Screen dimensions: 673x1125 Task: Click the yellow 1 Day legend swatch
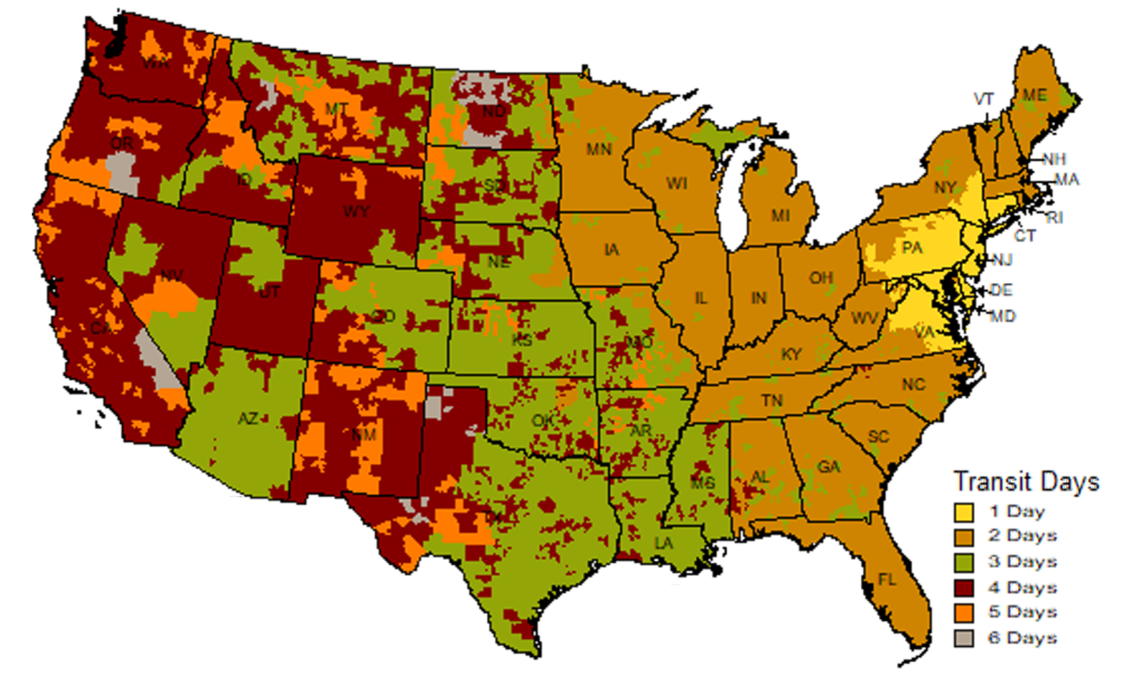point(964,512)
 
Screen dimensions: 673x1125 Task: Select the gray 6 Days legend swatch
point(964,638)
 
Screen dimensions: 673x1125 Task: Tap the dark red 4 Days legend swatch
point(964,588)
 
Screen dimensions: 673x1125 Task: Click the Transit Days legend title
point(1026,482)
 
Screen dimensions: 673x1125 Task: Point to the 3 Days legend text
point(1022,561)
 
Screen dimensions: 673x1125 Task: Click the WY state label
point(356,212)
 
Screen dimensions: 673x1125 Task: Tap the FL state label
point(887,580)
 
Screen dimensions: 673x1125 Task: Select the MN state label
point(599,150)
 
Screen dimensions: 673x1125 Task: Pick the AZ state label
point(248,419)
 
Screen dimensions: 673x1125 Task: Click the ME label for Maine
point(1035,95)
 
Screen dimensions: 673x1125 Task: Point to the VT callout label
point(984,99)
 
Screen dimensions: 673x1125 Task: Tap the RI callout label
point(1054,218)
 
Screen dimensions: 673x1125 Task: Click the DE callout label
point(1001,290)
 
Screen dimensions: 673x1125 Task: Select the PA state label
point(912,248)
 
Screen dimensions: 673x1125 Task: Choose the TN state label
point(772,401)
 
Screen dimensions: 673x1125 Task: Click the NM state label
point(363,434)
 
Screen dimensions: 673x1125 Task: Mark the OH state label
point(821,278)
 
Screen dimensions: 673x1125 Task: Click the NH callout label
point(1054,160)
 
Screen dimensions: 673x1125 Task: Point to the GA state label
point(828,467)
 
